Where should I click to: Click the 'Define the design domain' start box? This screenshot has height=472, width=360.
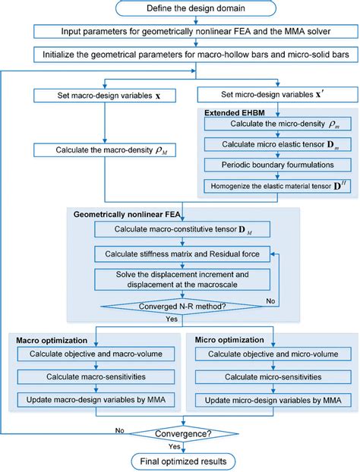click(x=180, y=8)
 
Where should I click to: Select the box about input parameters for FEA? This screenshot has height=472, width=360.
click(x=180, y=32)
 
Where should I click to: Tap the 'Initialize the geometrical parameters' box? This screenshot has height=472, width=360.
click(x=180, y=55)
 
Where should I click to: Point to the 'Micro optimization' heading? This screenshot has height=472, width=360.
click(x=229, y=340)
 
